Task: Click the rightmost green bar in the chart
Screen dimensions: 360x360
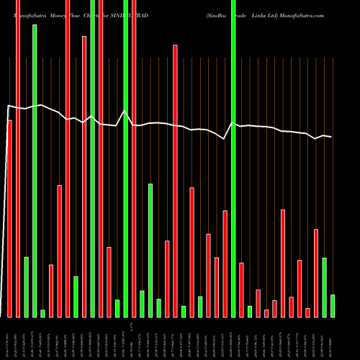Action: [x=333, y=305]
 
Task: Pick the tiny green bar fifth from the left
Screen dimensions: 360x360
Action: [x=43, y=313]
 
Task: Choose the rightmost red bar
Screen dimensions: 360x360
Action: [x=316, y=273]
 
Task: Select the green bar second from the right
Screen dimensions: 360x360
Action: [x=325, y=287]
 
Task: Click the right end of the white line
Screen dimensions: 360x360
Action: [x=331, y=137]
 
